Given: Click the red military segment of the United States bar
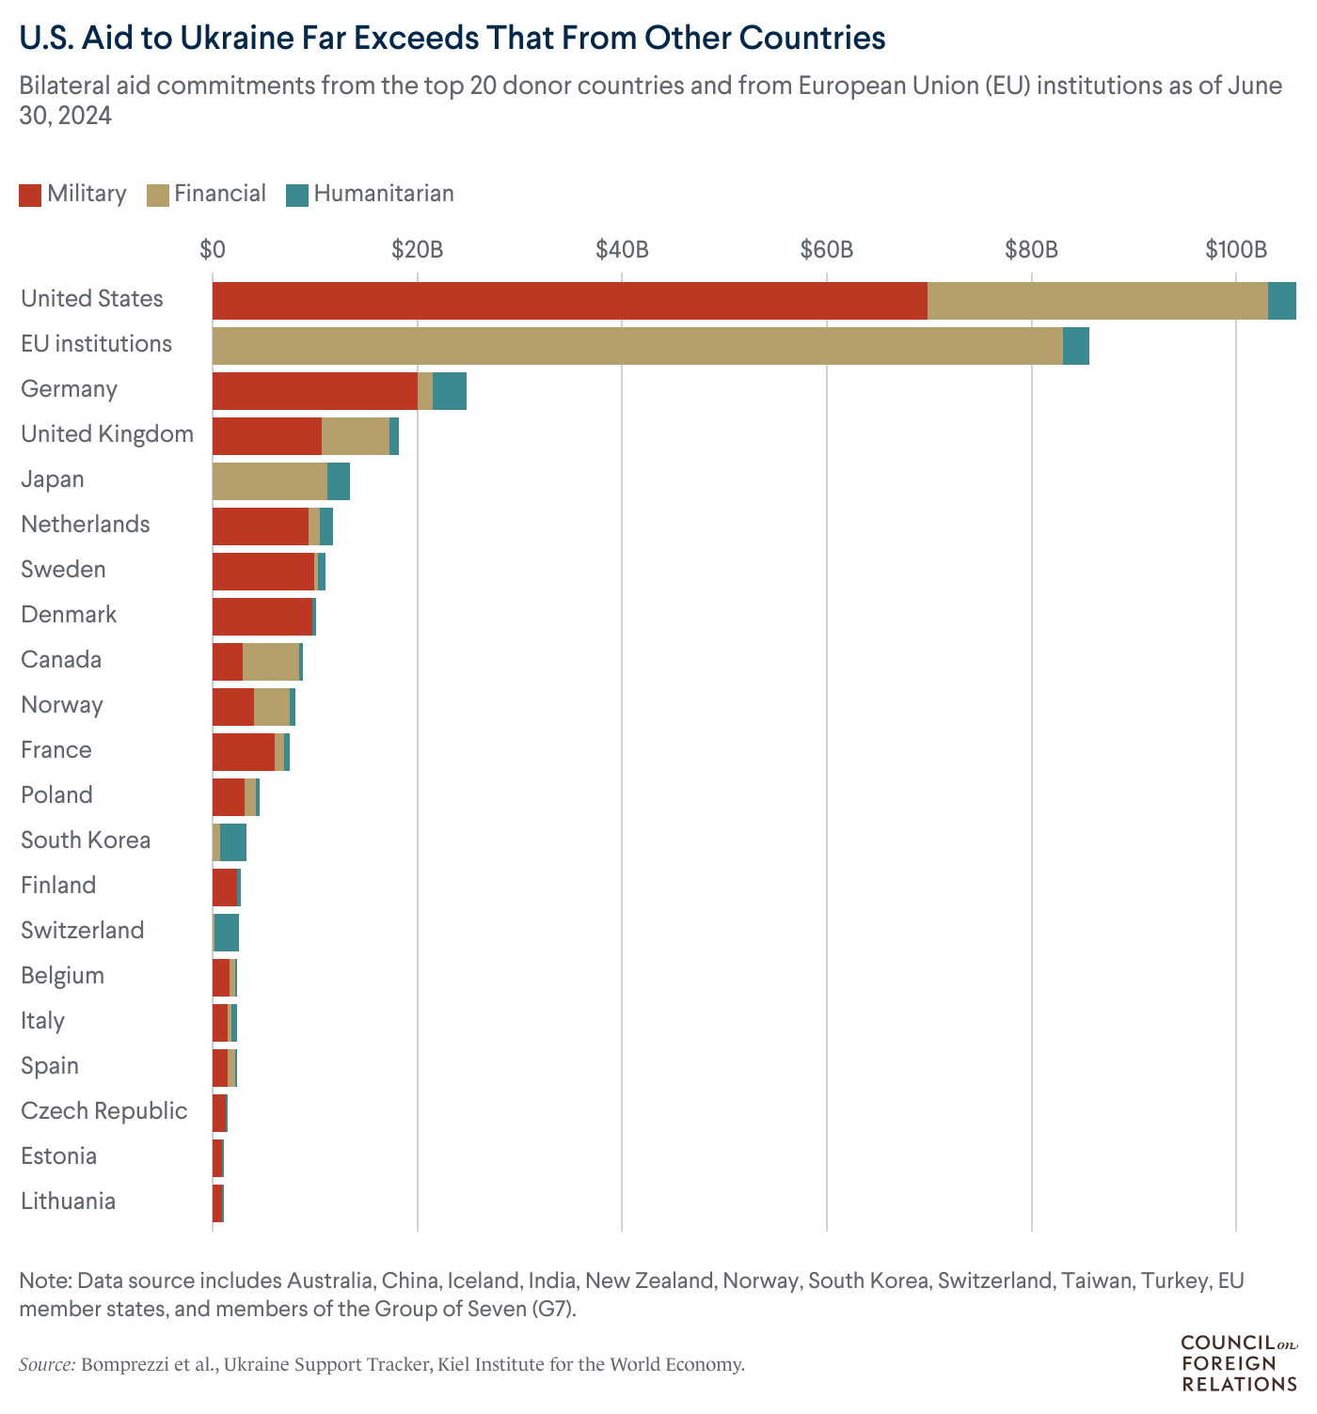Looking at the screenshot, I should point(569,301).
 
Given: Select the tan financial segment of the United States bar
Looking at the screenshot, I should point(1097,301).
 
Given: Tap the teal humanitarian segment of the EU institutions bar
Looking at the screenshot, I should point(1075,346).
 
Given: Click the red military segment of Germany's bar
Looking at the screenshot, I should point(314,391).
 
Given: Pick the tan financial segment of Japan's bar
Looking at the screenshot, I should point(269,481).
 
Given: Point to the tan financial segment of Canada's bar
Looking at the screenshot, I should point(271,662).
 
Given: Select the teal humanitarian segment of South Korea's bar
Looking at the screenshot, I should point(232,842).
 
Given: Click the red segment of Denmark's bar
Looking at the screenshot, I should point(262,617).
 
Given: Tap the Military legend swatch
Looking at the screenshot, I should point(30,195).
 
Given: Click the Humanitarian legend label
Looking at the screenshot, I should point(384,194).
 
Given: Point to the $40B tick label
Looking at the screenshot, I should point(622,250).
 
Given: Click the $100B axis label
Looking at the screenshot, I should point(1236,250).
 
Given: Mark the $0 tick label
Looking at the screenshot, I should point(213,250).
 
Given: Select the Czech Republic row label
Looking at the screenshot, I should point(103,1110).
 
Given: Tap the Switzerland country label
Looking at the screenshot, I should point(83,930).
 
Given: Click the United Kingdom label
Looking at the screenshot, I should point(107,433).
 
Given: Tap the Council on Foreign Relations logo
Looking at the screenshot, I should point(1238,1363).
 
